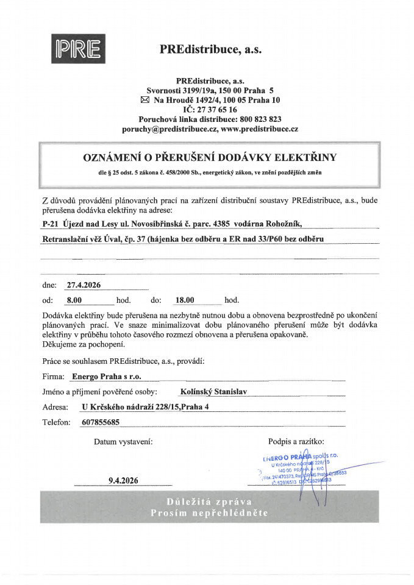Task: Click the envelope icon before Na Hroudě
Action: [145, 99]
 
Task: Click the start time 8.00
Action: [74, 300]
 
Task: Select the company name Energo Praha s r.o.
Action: [107, 377]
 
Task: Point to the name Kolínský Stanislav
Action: [213, 392]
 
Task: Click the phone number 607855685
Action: [99, 422]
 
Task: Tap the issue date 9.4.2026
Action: [123, 481]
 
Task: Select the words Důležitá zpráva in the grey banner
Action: [210, 501]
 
